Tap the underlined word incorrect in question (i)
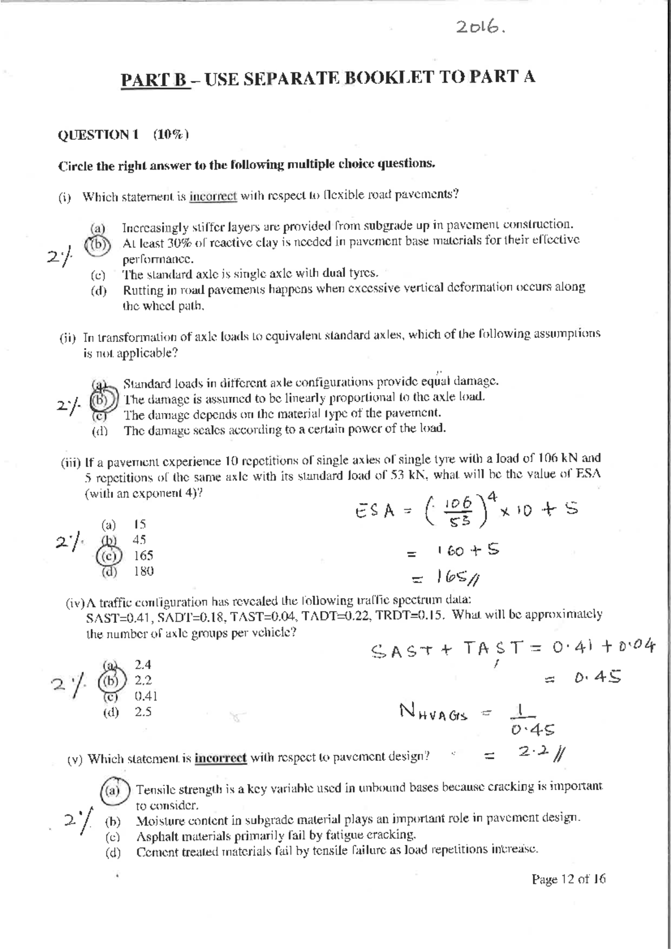coord(213,196)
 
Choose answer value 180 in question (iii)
coord(143,571)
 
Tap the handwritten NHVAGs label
coord(433,712)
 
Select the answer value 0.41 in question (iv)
coord(146,696)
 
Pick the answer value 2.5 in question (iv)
coord(143,712)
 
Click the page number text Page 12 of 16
coord(568,879)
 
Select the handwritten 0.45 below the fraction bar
coord(533,729)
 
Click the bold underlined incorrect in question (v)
coord(220,758)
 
